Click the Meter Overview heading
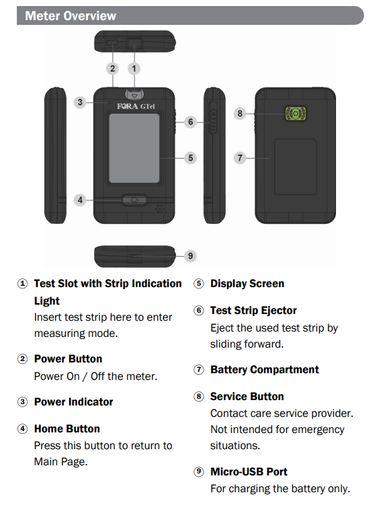tap(71, 15)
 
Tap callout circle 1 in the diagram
tap(134, 68)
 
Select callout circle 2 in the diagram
tap(113, 68)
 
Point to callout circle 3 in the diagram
tap(80, 102)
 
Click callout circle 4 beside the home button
tap(80, 200)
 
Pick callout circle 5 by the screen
tap(191, 157)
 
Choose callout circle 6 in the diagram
tap(191, 122)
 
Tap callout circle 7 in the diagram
tap(239, 158)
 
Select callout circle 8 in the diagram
tap(239, 113)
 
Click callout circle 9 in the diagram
tap(191, 256)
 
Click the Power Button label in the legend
tap(68, 359)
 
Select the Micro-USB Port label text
tap(249, 472)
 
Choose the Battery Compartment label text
tap(264, 370)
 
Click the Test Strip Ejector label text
tap(253, 311)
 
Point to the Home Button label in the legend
tap(67, 429)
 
